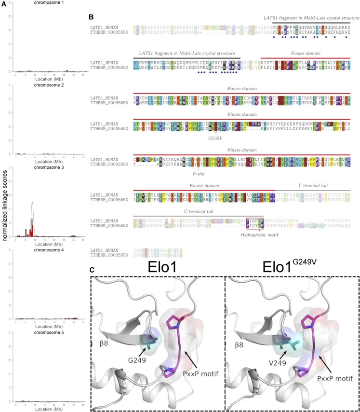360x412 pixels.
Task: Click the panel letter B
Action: pyautogui.click(x=91, y=17)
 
